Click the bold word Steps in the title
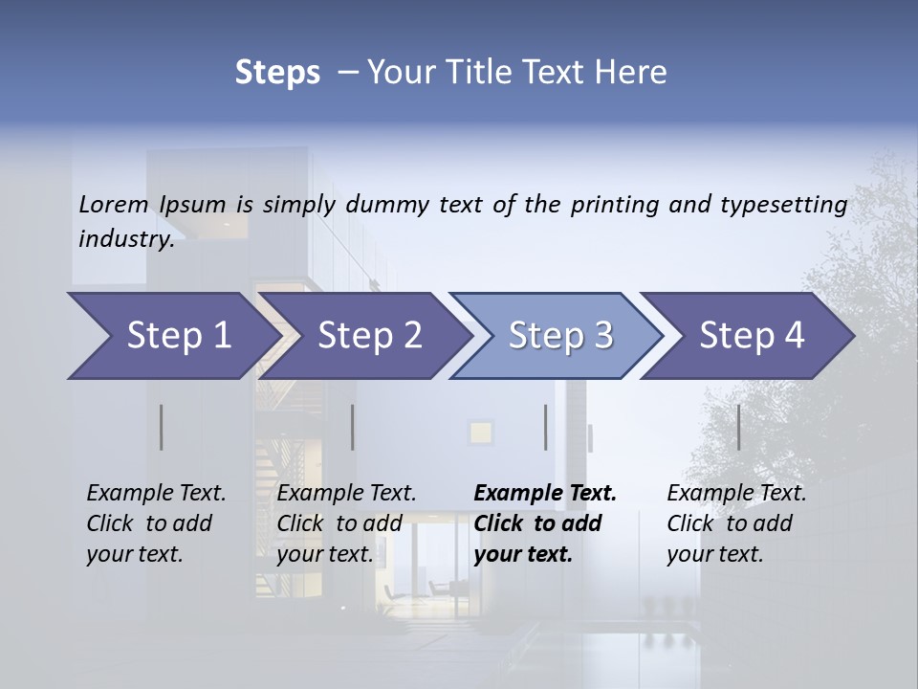pyautogui.click(x=277, y=73)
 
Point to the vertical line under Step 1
pyautogui.click(x=162, y=427)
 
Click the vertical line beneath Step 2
pyautogui.click(x=353, y=427)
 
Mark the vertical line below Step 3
pyautogui.click(x=545, y=427)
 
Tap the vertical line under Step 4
pyautogui.click(x=738, y=427)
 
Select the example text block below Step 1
pyautogui.click(x=156, y=523)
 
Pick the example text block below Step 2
pyautogui.click(x=346, y=523)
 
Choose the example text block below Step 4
pyautogui.click(x=736, y=523)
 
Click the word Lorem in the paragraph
pyautogui.click(x=114, y=204)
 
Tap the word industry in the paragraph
pyautogui.click(x=125, y=239)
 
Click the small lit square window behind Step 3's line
pyautogui.click(x=480, y=432)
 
